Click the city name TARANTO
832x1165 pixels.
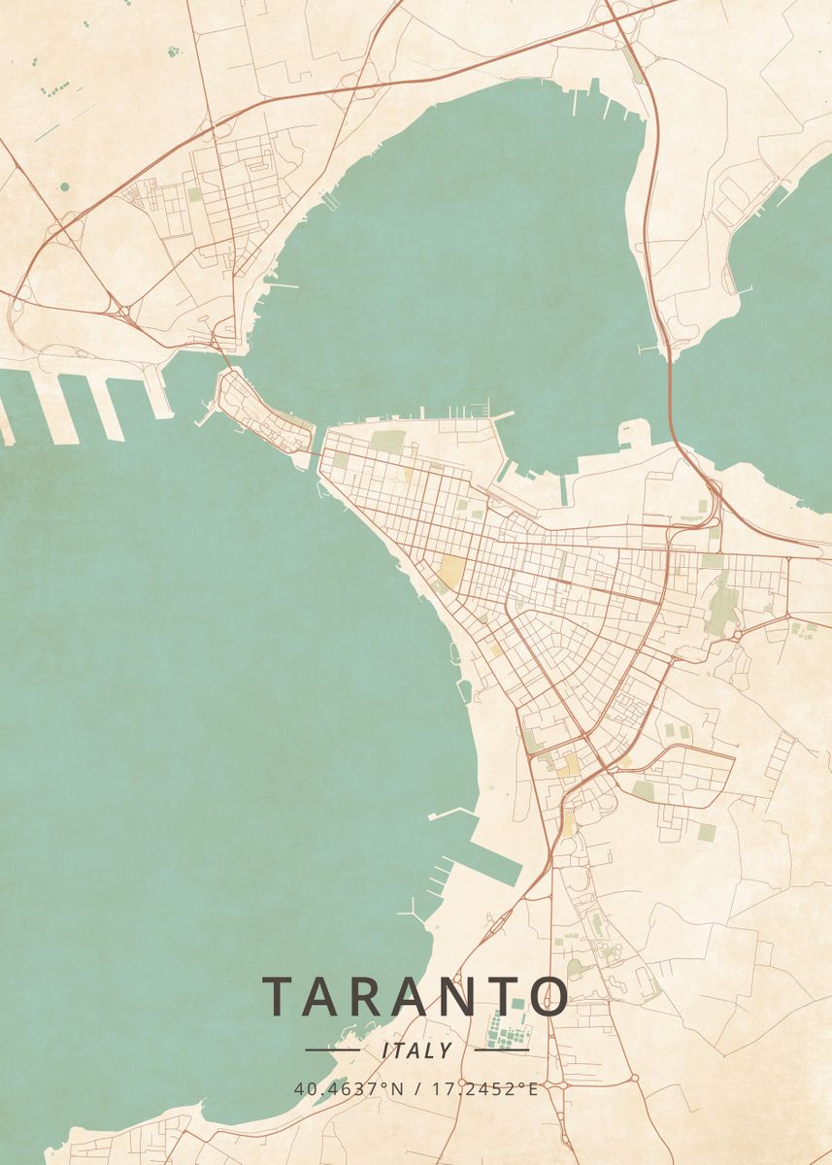416,996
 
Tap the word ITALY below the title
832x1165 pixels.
416,1050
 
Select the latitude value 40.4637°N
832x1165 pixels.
349,1088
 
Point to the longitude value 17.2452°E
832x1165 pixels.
483,1088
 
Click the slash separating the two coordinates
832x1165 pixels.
416,1088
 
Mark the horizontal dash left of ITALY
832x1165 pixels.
332,1049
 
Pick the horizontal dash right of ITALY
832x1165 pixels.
501,1049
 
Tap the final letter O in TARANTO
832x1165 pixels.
550,996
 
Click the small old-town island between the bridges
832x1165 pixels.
260,415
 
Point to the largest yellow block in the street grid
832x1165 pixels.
451,573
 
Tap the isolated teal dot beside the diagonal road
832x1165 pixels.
64,185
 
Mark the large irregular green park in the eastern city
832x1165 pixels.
721,607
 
